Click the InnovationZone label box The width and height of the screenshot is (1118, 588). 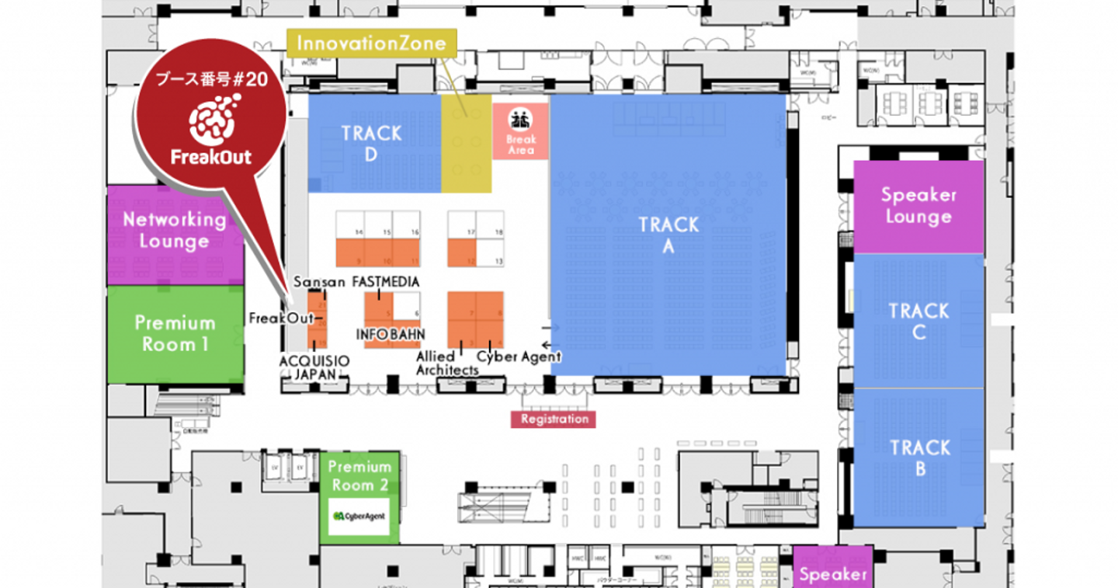(x=372, y=43)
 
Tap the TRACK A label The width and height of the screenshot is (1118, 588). (x=668, y=235)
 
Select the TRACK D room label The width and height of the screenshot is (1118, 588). (x=371, y=144)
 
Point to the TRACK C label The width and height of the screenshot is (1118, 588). (x=918, y=322)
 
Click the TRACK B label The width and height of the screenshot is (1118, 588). (x=919, y=458)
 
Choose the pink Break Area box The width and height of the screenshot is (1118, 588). (x=520, y=130)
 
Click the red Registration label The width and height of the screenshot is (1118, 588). (x=554, y=419)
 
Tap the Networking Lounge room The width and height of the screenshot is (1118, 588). (x=175, y=231)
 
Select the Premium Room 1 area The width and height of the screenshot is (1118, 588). (x=175, y=334)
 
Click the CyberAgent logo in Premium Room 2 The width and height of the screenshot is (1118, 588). (x=359, y=517)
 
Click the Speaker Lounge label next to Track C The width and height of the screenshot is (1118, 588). (x=918, y=206)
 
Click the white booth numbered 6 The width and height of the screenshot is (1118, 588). (x=408, y=305)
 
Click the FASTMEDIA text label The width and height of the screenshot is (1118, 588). (x=386, y=282)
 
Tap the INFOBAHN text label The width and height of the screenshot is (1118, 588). (x=391, y=334)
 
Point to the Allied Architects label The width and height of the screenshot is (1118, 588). (x=446, y=364)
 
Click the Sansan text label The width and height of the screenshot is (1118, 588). (x=319, y=282)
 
